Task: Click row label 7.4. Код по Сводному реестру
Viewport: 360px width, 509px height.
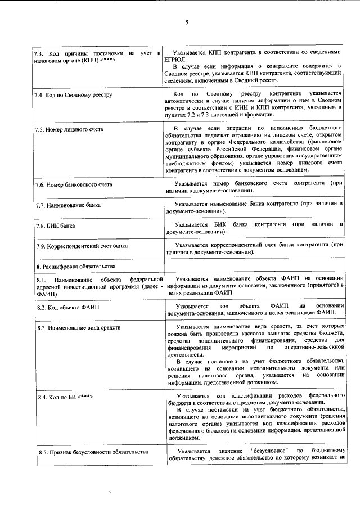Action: click(x=73, y=94)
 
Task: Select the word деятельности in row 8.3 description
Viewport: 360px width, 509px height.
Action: click(x=186, y=354)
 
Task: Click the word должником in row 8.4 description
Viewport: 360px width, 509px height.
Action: click(x=183, y=437)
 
